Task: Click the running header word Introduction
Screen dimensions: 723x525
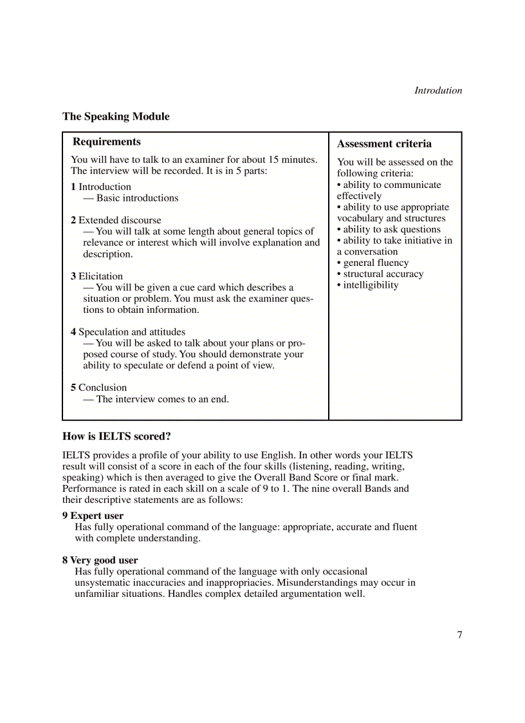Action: coord(438,91)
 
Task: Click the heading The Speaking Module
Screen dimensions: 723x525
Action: coord(116,117)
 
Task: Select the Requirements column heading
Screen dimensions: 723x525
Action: coord(107,142)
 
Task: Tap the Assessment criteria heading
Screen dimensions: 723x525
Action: coord(384,144)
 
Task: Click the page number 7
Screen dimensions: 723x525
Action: coord(459,635)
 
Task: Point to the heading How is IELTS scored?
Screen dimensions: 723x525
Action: coord(116,437)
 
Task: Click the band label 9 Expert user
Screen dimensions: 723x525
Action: coord(93,516)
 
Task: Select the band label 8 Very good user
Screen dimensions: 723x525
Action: coord(100,560)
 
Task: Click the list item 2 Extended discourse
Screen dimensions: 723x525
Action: coord(116,220)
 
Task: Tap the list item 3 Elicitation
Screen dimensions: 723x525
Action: coord(97,276)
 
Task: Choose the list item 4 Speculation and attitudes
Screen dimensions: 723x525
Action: coord(127,332)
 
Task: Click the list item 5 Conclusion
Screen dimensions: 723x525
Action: coord(98,388)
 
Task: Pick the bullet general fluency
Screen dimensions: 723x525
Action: coord(375,263)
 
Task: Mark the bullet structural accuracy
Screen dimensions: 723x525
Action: coord(383,274)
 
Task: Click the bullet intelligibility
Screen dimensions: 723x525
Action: coord(370,285)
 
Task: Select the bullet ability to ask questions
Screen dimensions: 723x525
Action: coord(391,229)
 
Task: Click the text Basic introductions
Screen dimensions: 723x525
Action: coord(137,198)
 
